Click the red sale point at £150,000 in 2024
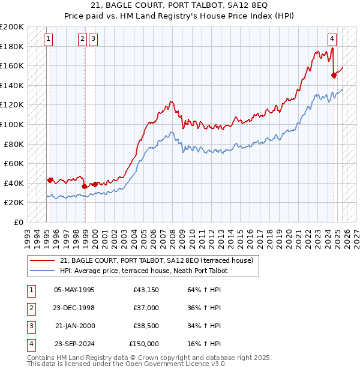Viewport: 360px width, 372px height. (334, 75)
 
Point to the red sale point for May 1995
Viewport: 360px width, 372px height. (50, 179)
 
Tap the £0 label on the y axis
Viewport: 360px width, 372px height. (19, 222)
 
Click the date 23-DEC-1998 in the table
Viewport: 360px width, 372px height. (74, 308)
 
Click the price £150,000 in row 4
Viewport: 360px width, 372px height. (144, 344)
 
